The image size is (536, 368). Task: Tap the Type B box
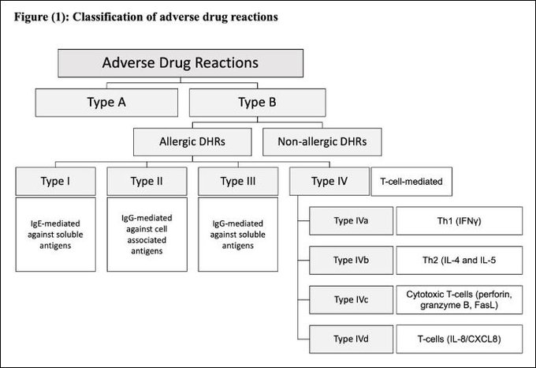[256, 101]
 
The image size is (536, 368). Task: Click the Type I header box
[55, 182]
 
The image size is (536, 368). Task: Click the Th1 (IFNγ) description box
[458, 220]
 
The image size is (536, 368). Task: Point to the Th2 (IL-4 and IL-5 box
[458, 259]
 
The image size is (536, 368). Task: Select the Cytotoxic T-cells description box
[458, 299]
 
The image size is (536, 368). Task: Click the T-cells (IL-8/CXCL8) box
[458, 339]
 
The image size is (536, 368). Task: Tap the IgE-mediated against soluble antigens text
[55, 229]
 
